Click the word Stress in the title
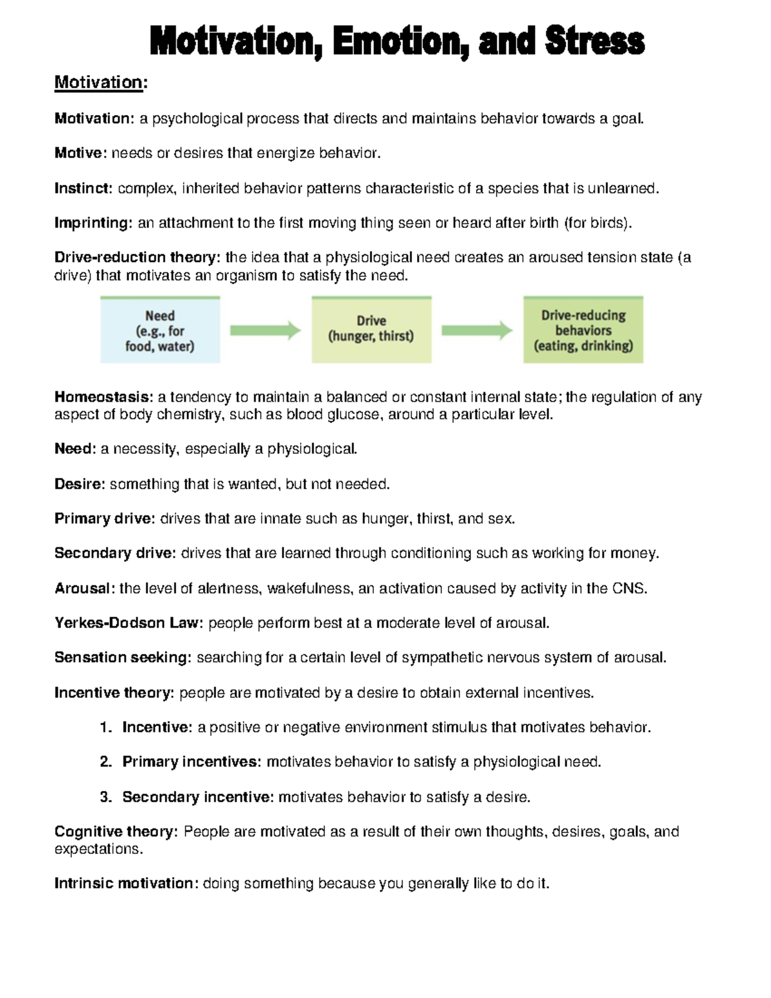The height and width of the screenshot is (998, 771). coord(594,42)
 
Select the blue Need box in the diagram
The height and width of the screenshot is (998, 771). coord(160,330)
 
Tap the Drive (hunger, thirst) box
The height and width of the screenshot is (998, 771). coord(371,329)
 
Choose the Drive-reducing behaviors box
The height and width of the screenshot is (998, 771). coord(583,330)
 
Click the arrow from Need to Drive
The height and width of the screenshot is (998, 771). coord(265,330)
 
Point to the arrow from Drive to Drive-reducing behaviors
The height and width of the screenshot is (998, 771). coord(477,330)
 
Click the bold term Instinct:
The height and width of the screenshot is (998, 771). coord(84,188)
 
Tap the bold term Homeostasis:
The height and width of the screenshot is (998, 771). coord(103,397)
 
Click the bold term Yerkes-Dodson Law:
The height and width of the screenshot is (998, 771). coord(128,623)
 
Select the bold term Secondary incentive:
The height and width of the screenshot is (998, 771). coord(198,798)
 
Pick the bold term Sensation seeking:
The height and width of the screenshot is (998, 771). coord(123,658)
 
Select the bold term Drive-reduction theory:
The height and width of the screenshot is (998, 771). coord(137,258)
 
